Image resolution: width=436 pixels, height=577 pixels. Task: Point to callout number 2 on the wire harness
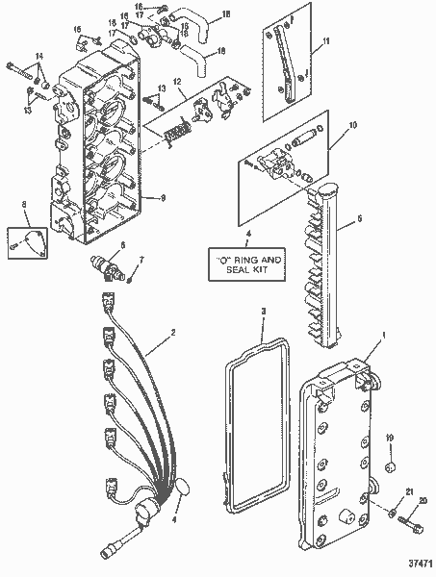172,334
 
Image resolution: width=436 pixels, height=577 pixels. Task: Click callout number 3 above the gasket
263,311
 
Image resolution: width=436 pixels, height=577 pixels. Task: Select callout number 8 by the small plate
24,203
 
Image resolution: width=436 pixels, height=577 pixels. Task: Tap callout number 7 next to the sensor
142,259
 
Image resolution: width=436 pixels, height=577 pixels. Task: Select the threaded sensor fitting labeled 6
105,263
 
